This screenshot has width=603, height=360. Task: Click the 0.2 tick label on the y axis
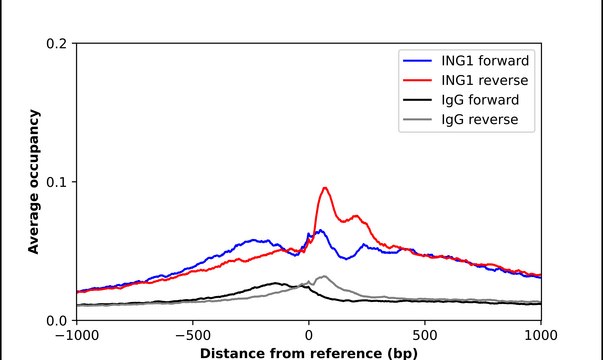point(56,44)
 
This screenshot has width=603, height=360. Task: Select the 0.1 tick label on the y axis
point(56,182)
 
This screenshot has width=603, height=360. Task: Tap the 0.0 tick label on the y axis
point(56,320)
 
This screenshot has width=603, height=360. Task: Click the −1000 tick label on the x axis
point(76,337)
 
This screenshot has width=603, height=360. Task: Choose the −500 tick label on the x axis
point(192,337)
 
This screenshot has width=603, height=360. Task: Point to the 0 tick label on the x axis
point(309,337)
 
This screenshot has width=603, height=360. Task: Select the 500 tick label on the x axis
point(425,337)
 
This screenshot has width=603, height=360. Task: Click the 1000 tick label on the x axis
point(541,337)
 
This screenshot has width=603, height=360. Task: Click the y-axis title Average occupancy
point(33,182)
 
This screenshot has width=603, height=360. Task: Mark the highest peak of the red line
point(325,188)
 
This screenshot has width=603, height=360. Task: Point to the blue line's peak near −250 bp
point(254,240)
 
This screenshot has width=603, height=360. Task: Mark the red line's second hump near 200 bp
point(356,215)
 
